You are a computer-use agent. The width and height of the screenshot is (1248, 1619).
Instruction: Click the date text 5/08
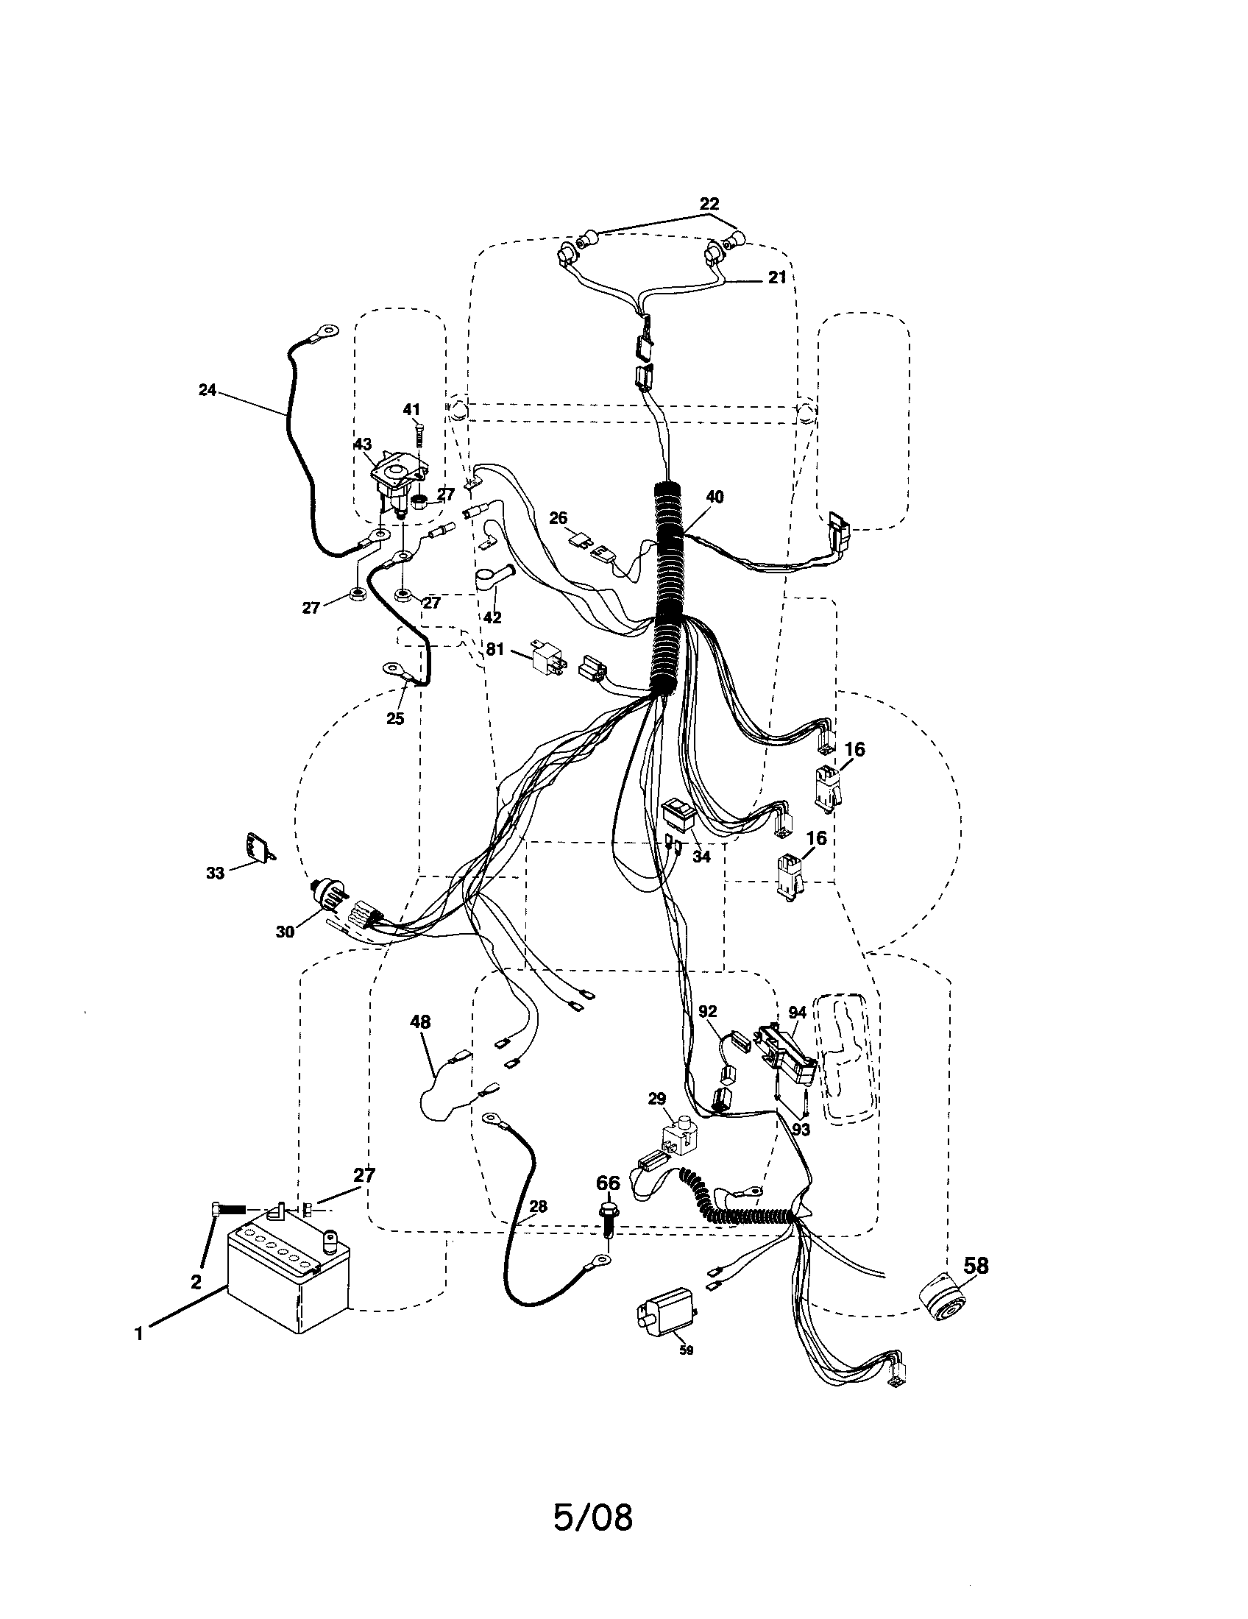coord(593,1533)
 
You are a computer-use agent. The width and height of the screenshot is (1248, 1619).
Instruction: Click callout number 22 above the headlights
coord(709,203)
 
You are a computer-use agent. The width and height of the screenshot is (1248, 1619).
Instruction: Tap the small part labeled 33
coord(258,846)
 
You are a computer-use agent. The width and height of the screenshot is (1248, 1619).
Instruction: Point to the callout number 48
coord(419,1022)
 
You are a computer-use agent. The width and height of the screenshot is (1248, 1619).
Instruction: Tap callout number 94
coord(797,1012)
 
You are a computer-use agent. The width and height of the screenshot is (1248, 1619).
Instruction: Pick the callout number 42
coord(492,617)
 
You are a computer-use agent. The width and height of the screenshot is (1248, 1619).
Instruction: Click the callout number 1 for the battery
coord(138,1333)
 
